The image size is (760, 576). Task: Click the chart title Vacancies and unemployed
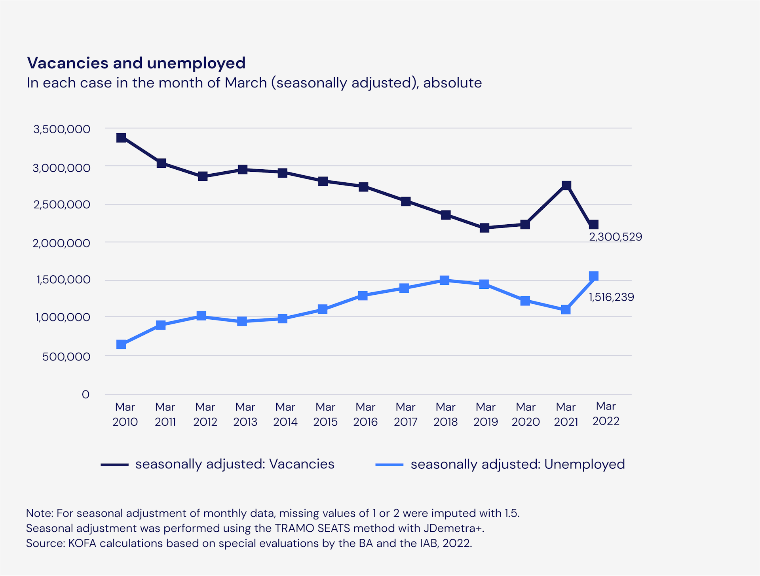click(136, 63)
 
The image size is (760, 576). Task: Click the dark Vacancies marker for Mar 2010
click(121, 138)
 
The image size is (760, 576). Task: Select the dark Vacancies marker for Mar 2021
click(566, 185)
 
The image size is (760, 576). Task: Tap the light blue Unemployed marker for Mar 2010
click(121, 345)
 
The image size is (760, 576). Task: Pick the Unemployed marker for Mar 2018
click(445, 280)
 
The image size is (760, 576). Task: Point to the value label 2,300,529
click(615, 237)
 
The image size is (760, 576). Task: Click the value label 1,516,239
click(611, 297)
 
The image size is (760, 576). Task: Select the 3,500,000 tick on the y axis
click(62, 129)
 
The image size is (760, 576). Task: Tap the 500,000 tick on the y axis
click(66, 356)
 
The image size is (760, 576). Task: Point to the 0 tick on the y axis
click(85, 394)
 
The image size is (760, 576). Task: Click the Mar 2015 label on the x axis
click(325, 414)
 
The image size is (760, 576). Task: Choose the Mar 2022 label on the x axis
click(606, 413)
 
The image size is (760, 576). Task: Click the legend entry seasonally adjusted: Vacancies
click(234, 464)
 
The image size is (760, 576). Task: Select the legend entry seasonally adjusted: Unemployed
click(517, 464)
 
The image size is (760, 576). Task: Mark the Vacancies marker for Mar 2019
click(484, 228)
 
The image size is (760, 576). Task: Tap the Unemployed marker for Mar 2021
click(566, 309)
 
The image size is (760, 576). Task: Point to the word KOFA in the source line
click(82, 543)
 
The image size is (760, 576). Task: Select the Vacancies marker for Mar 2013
click(243, 169)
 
